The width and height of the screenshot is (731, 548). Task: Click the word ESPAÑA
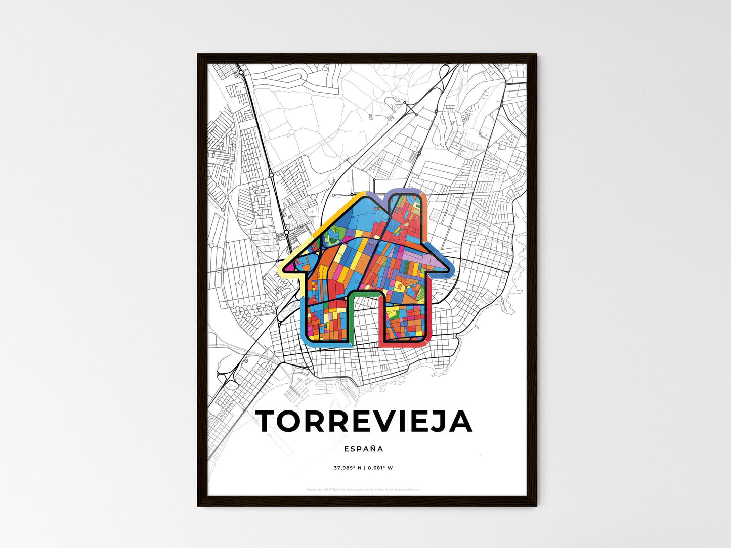(x=364, y=449)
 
